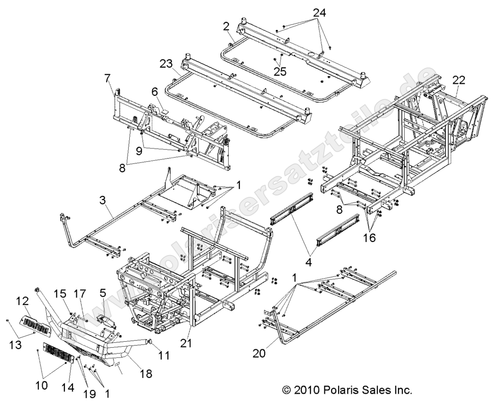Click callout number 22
(458, 80)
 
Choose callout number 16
(369, 238)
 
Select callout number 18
(145, 373)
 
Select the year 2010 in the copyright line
(305, 390)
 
